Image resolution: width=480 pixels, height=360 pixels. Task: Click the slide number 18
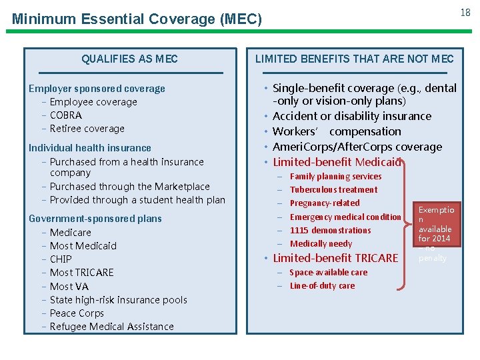click(x=465, y=13)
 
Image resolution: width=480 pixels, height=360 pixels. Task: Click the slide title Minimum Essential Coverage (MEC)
click(x=137, y=19)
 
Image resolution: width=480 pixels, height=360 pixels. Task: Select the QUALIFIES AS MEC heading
click(x=129, y=59)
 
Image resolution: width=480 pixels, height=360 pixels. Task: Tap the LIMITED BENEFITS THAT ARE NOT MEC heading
click(x=354, y=59)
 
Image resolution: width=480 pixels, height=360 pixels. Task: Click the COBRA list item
click(x=65, y=115)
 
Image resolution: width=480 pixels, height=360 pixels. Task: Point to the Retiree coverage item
click(x=87, y=129)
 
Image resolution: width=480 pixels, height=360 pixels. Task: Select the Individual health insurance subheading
click(x=90, y=148)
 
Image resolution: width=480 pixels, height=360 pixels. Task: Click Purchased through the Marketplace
click(x=129, y=187)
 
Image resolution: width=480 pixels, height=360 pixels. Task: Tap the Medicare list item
click(x=70, y=232)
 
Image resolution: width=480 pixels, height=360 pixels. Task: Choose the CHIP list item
click(x=61, y=259)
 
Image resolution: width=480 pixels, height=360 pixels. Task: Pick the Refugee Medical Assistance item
click(x=111, y=326)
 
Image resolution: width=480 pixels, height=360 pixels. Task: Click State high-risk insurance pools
click(x=118, y=299)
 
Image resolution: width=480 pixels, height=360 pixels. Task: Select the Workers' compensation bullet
click(x=337, y=131)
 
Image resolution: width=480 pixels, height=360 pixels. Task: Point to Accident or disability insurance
click(x=352, y=116)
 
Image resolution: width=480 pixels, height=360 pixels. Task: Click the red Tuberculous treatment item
click(x=334, y=189)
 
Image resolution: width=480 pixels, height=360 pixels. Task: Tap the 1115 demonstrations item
click(x=330, y=230)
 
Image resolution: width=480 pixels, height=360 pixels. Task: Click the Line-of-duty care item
click(x=322, y=285)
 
